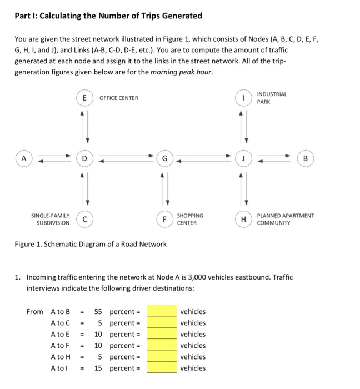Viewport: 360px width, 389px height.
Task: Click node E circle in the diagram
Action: tap(85, 98)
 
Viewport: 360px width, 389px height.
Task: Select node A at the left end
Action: tap(23, 158)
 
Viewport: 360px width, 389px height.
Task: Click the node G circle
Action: tap(164, 158)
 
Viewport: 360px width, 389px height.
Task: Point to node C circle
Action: tap(85, 219)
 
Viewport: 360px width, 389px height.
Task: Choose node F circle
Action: tap(164, 219)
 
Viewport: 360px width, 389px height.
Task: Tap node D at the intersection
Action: tap(85, 158)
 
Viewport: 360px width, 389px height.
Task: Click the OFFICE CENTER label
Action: tap(118, 98)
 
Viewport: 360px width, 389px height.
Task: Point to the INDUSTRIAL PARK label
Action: tap(272, 98)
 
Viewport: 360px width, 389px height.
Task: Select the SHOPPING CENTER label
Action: tap(190, 219)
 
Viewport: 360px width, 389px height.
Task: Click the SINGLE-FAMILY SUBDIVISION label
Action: tap(49, 219)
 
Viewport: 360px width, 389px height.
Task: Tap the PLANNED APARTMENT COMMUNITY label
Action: tap(286, 219)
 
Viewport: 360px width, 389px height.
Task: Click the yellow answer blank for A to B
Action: tap(162, 312)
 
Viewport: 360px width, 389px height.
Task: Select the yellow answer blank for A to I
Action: tap(162, 368)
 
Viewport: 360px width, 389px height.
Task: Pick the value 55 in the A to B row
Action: tap(99, 312)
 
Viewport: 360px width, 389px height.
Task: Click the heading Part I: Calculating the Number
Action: tap(108, 16)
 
